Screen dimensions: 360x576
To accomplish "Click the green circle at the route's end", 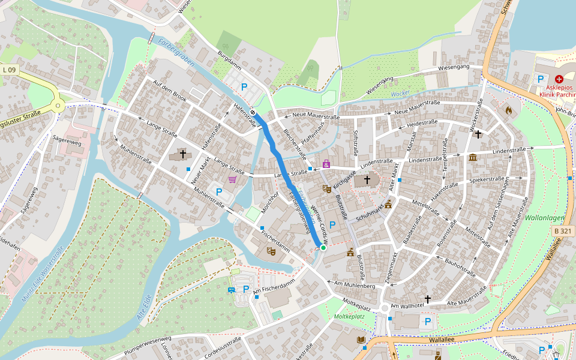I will click(323, 247).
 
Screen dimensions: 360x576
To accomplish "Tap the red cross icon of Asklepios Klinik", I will click(559, 79).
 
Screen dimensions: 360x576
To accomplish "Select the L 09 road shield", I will click(9, 70).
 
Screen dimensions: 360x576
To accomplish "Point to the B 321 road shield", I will click(562, 230).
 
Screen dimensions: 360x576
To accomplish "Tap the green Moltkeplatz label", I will click(350, 316).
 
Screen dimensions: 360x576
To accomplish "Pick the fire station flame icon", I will click(509, 110).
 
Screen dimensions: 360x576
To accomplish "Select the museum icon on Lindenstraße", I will click(473, 158).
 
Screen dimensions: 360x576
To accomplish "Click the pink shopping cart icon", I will click(232, 179).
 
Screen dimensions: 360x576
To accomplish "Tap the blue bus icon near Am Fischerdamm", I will click(231, 290).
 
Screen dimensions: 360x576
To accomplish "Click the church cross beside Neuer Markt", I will click(183, 154).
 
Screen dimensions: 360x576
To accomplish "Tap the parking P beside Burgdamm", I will click(244, 87).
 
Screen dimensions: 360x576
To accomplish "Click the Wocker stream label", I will click(400, 94).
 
